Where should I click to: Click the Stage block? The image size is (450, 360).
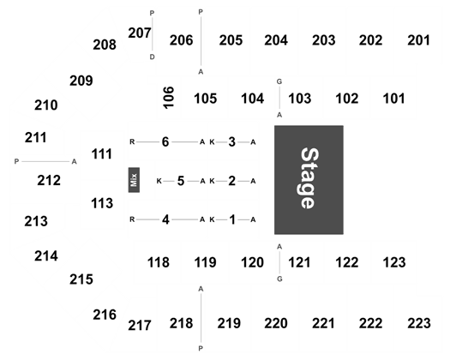pyautogui.click(x=309, y=180)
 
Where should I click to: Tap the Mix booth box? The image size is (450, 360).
pyautogui.click(x=134, y=180)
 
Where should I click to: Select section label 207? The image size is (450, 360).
pyautogui.click(x=140, y=33)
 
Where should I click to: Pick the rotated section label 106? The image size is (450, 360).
pyautogui.click(x=169, y=98)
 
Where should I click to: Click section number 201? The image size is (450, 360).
pyautogui.click(x=419, y=40)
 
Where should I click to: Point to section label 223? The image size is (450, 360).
pyautogui.click(x=419, y=323)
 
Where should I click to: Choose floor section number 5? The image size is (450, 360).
pyautogui.click(x=181, y=181)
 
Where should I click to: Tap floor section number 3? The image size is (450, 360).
pyautogui.click(x=232, y=141)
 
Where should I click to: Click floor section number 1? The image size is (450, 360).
pyautogui.click(x=232, y=219)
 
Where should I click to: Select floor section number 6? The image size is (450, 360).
pyautogui.click(x=165, y=141)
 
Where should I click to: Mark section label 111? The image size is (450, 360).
pyautogui.click(x=102, y=154)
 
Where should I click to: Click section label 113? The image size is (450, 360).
pyautogui.click(x=102, y=203)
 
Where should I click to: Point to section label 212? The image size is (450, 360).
pyautogui.click(x=49, y=181)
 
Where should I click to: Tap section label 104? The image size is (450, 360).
pyautogui.click(x=252, y=99)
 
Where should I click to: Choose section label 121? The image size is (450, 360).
pyautogui.click(x=299, y=262)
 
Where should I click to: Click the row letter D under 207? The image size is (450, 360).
pyautogui.click(x=152, y=57)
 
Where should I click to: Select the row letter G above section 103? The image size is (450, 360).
pyautogui.click(x=279, y=81)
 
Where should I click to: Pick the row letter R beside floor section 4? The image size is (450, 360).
pyautogui.click(x=132, y=219)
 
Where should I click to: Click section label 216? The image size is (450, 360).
pyautogui.click(x=105, y=315)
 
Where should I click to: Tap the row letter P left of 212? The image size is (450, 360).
pyautogui.click(x=16, y=162)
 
